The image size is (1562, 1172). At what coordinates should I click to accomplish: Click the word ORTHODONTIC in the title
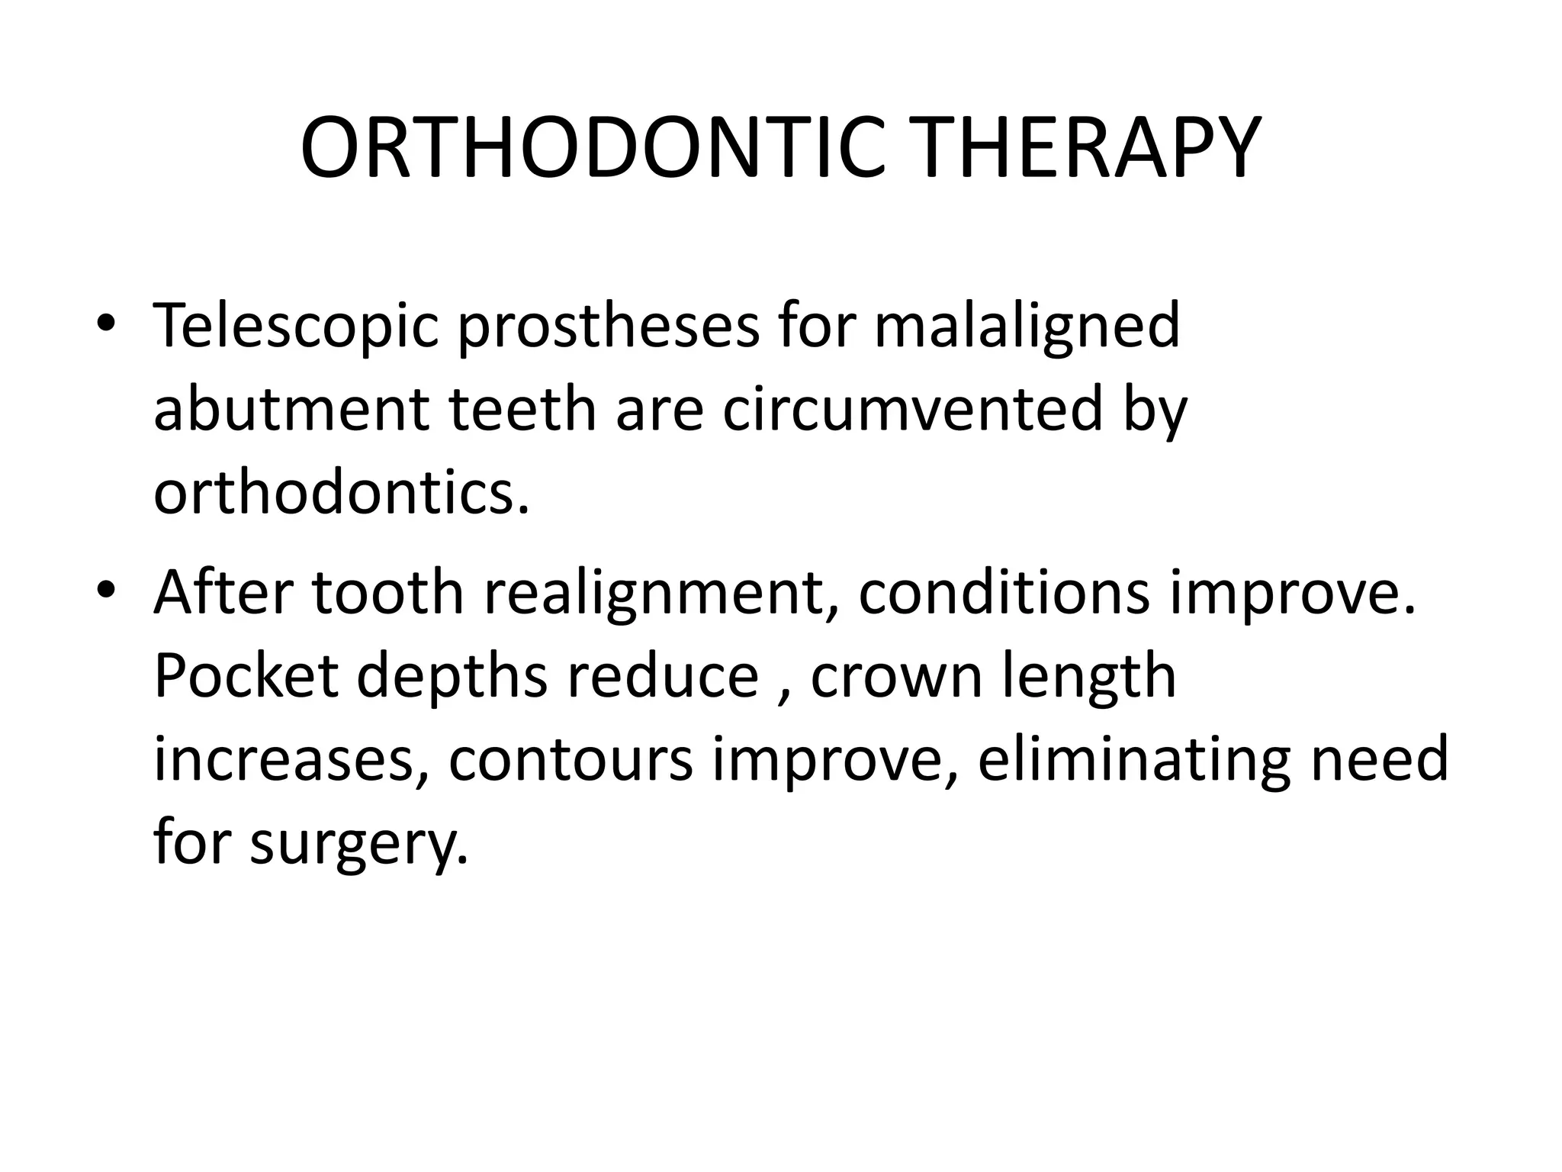click(592, 148)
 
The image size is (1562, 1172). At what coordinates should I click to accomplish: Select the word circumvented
click(912, 410)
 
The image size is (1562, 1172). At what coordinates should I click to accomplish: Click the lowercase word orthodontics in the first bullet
click(341, 492)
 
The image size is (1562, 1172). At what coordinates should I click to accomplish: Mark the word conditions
click(1003, 594)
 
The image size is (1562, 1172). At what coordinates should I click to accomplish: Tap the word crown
click(895, 678)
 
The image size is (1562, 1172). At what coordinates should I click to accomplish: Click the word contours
click(570, 760)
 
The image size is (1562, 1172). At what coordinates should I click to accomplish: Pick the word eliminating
click(1133, 760)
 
